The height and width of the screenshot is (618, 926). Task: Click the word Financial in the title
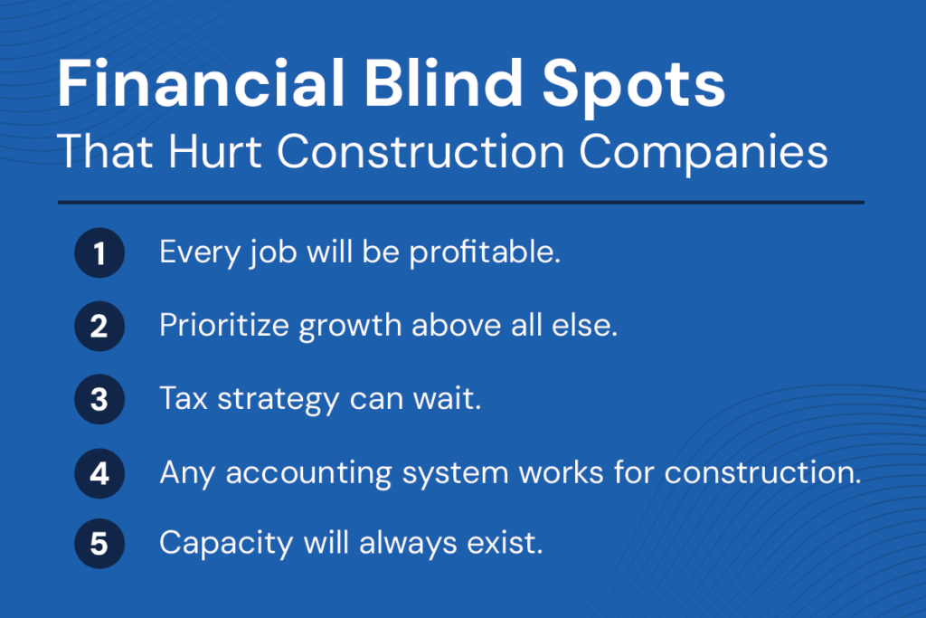coord(201,83)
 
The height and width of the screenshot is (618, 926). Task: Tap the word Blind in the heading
coord(443,83)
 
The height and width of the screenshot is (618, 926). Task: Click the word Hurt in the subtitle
coord(215,151)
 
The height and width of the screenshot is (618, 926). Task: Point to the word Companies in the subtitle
coord(704,154)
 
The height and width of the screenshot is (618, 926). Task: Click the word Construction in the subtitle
coord(420,151)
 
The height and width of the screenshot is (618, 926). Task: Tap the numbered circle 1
coord(99,252)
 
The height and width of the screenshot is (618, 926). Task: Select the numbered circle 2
coord(99,326)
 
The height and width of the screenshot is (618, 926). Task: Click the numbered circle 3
coord(99,399)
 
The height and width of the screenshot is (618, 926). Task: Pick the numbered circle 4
coord(99,473)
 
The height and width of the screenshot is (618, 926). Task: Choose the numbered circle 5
coord(99,544)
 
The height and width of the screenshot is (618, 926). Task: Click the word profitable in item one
coord(485,253)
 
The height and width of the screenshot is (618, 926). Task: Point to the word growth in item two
coord(350,328)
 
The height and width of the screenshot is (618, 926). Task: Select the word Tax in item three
coord(184,398)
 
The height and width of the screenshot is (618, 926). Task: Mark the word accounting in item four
coord(308,474)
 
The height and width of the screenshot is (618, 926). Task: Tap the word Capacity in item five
coord(226,544)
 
